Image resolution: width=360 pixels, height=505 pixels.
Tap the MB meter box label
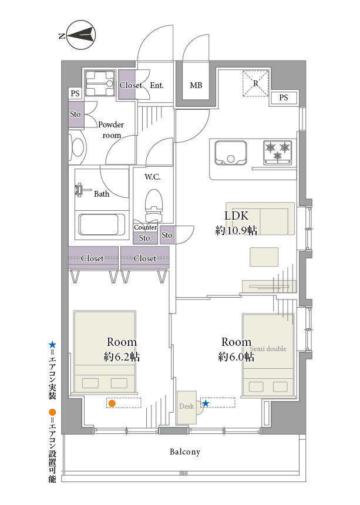coord(196,85)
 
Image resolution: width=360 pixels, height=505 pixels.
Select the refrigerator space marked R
coord(255,83)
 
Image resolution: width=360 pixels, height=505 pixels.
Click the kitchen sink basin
coord(231,153)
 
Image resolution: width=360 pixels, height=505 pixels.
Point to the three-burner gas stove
coord(278,152)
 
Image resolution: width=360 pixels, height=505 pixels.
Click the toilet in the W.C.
coord(153,205)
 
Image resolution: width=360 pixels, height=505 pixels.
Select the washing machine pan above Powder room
coord(100,83)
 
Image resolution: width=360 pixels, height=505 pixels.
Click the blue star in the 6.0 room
coord(206,403)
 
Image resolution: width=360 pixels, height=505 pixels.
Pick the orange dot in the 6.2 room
coord(112,403)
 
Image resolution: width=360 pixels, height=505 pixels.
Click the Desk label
coord(186,406)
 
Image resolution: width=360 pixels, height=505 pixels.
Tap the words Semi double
coord(268,348)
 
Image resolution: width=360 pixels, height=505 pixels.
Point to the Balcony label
coord(185,452)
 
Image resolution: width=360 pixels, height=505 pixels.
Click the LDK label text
coord(236,216)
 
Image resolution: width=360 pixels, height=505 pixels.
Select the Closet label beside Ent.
coord(131,85)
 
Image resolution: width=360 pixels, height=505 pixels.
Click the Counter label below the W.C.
coord(145,227)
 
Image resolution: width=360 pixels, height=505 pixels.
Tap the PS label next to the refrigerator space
coord(284,97)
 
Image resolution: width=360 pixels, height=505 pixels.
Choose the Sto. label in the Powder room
coord(76,114)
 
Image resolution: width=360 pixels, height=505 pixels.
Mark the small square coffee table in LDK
coord(264,257)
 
